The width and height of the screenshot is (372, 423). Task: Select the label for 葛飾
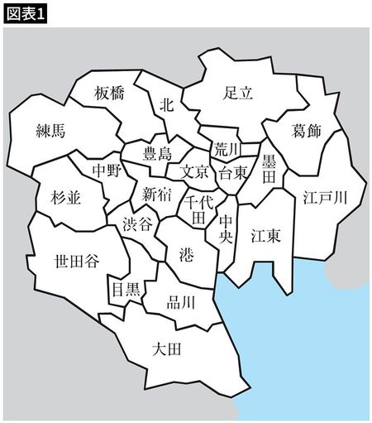tap(307, 131)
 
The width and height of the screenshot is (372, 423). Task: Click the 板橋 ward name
tap(109, 93)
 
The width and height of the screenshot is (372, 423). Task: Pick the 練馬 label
tap(51, 130)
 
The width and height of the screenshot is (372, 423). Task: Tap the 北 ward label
tap(167, 104)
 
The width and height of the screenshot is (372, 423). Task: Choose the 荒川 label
tap(225, 148)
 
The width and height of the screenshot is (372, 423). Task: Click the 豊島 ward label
tap(158, 153)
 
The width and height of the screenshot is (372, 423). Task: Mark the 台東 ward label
tap(232, 174)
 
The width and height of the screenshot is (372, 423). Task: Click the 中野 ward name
tap(106, 171)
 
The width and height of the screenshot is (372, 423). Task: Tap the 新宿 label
tap(156, 195)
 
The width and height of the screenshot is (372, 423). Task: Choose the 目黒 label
tap(125, 290)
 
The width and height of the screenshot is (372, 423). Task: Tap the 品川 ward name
tap(181, 302)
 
